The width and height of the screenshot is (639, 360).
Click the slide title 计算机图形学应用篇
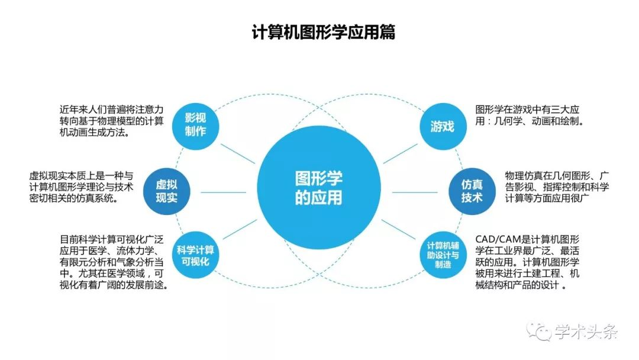tap(324, 32)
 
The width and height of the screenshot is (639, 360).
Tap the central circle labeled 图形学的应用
tap(319, 188)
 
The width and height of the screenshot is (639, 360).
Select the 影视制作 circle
tap(195, 126)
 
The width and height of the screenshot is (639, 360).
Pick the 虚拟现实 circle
tap(166, 191)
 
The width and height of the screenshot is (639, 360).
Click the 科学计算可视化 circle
tap(195, 255)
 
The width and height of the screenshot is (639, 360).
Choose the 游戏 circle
tap(443, 126)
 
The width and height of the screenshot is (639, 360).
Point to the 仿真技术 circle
tap(472, 191)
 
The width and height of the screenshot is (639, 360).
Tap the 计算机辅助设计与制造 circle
tap(443, 255)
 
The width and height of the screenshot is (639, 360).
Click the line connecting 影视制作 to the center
tap(238, 154)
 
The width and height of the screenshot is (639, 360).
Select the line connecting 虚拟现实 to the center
tap(223, 192)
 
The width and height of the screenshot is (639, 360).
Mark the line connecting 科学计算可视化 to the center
tap(240, 230)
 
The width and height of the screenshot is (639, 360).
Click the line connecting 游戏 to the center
tap(401, 154)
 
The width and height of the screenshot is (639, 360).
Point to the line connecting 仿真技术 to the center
tap(414, 192)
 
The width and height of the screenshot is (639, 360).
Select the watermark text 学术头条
tap(586, 332)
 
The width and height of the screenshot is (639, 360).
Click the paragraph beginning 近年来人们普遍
tap(111, 121)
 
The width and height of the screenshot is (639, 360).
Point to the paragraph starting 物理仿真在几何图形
tap(557, 187)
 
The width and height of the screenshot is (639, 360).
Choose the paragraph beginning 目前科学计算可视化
tap(114, 262)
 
